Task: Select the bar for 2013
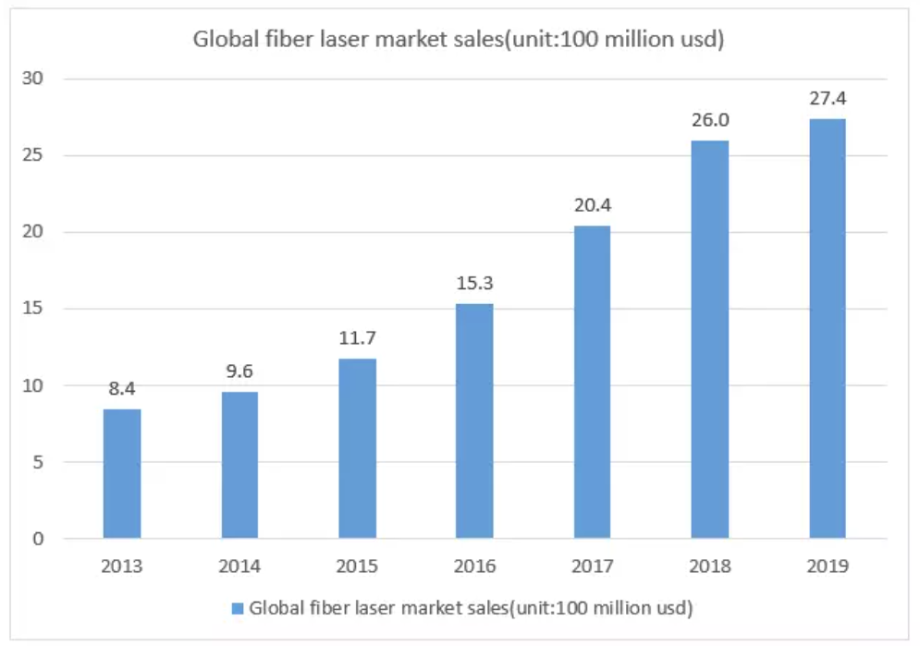pos(122,473)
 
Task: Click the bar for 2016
pos(474,421)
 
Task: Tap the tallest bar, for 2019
pos(827,328)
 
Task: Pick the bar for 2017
pos(592,382)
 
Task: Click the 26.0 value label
pos(709,120)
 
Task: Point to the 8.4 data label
pos(122,389)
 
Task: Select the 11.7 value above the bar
pos(357,338)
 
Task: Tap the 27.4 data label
pos(827,98)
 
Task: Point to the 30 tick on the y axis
pos(33,79)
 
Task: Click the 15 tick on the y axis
pos(33,309)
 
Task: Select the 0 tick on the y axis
pos(38,538)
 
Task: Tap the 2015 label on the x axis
pos(357,566)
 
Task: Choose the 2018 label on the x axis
pos(709,566)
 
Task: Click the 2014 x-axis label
pos(239,566)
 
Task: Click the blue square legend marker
pos(237,608)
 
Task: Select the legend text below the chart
pos(471,608)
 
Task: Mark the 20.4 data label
pos(592,205)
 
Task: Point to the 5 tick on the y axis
pos(38,461)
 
